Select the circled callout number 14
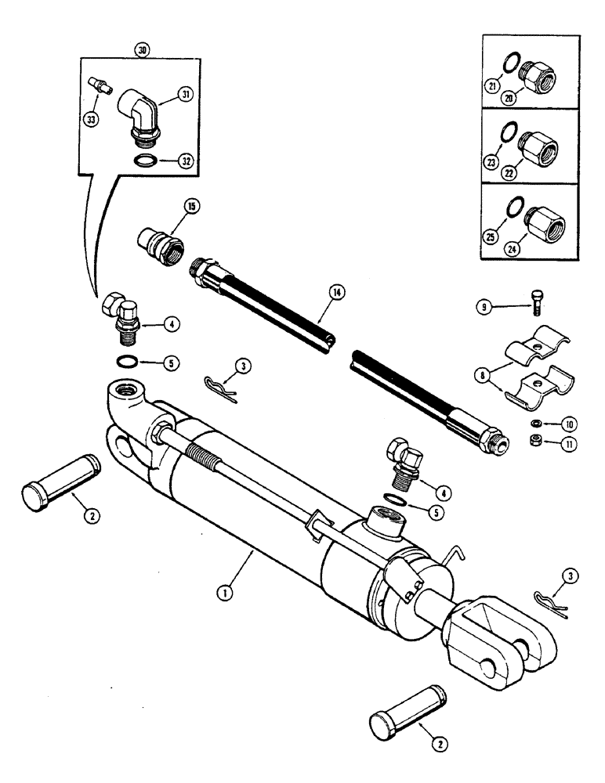click(x=338, y=293)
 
